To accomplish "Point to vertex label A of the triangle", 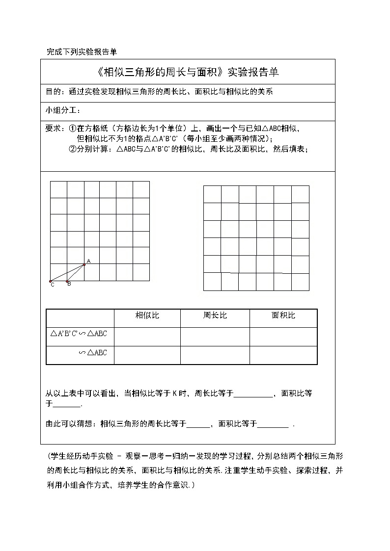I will pyautogui.click(x=88, y=261).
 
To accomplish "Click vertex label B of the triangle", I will pyautogui.click(x=69, y=284).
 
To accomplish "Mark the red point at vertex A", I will pyautogui.click(x=84, y=264).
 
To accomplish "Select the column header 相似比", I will pyautogui.click(x=147, y=315).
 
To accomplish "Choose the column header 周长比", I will pyautogui.click(x=215, y=315).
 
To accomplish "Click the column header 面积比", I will pyautogui.click(x=283, y=315).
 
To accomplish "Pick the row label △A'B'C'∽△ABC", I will pyautogui.click(x=79, y=334).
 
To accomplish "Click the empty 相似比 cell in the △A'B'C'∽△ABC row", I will pyautogui.click(x=147, y=337).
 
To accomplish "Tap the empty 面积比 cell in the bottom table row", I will pyautogui.click(x=283, y=355).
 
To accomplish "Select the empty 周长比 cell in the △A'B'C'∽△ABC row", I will pyautogui.click(x=215, y=337).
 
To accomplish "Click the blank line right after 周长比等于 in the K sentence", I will pyautogui.click(x=252, y=394).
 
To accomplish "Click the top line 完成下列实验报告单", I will pyautogui.click(x=81, y=52).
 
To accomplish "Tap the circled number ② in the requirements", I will pyautogui.click(x=72, y=150).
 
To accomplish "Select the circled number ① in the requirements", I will pyautogui.click(x=72, y=129).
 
